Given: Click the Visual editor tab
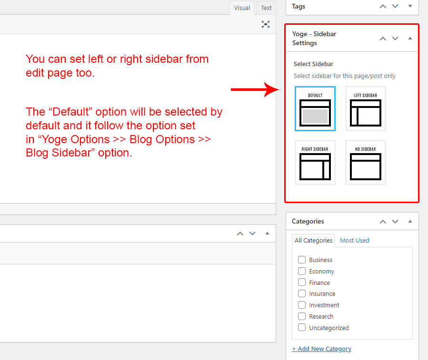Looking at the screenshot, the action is click(242, 8).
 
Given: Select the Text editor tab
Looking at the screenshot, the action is click(266, 8).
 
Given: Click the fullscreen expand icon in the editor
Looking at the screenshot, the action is click(266, 24).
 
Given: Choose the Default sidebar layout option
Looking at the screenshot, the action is click(315, 108).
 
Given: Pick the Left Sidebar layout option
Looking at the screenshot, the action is click(366, 108).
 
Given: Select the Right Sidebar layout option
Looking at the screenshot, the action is click(315, 163).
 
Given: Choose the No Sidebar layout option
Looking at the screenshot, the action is click(366, 163).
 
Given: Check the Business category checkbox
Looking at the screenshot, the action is click(302, 260).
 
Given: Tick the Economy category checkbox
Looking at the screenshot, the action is click(302, 271).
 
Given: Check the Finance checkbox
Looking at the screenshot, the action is click(302, 282).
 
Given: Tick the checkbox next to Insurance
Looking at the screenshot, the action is click(302, 293).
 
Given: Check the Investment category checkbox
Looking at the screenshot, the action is click(302, 305).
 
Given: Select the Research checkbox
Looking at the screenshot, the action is click(302, 316).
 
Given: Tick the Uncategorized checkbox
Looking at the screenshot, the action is click(302, 328).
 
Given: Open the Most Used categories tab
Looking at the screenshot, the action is click(354, 240).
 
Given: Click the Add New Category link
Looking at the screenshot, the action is click(321, 349).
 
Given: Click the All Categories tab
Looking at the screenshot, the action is click(313, 241).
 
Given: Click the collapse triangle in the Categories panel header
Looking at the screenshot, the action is click(410, 221).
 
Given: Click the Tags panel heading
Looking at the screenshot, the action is click(299, 6).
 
